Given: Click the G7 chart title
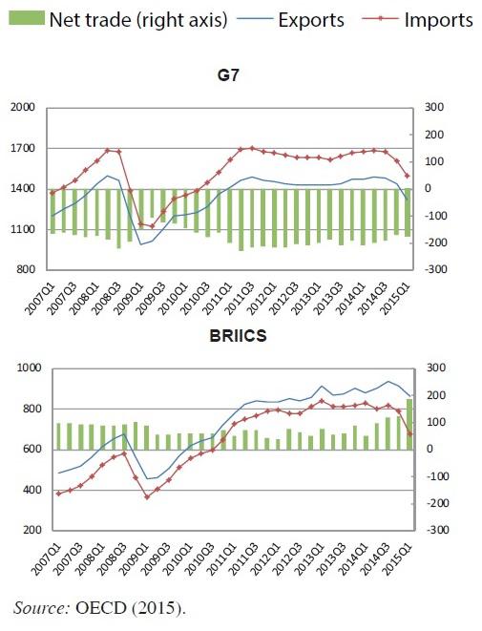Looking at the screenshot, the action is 228,75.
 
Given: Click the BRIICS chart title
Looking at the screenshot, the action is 239,336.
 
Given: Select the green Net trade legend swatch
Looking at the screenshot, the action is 26,18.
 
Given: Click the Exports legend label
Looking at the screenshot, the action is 311,20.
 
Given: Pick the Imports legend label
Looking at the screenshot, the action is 438,20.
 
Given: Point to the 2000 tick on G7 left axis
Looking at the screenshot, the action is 23,108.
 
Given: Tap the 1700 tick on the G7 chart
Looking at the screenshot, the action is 23,148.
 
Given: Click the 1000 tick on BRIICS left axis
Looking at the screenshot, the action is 29,368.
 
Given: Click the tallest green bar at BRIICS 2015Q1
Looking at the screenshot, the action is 409,424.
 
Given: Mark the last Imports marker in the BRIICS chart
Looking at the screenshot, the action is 410,433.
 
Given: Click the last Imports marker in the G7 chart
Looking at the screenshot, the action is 408,176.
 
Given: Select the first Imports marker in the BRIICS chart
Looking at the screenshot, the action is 59,494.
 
